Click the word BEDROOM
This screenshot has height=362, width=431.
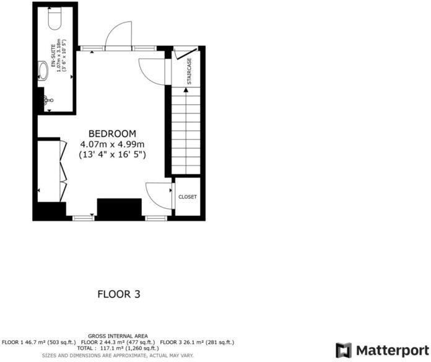tap(112, 133)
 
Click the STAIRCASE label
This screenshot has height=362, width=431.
tap(189, 71)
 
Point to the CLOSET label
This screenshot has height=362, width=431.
tap(187, 196)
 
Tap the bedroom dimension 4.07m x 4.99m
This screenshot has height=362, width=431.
tap(112, 144)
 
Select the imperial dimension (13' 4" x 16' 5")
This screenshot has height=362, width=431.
tap(112, 154)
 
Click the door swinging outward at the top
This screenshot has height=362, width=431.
tap(120, 35)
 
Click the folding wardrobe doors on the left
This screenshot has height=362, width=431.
tap(63, 164)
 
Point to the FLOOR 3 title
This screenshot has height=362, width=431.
tap(119, 294)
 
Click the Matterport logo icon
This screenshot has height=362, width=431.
tap(344, 350)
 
